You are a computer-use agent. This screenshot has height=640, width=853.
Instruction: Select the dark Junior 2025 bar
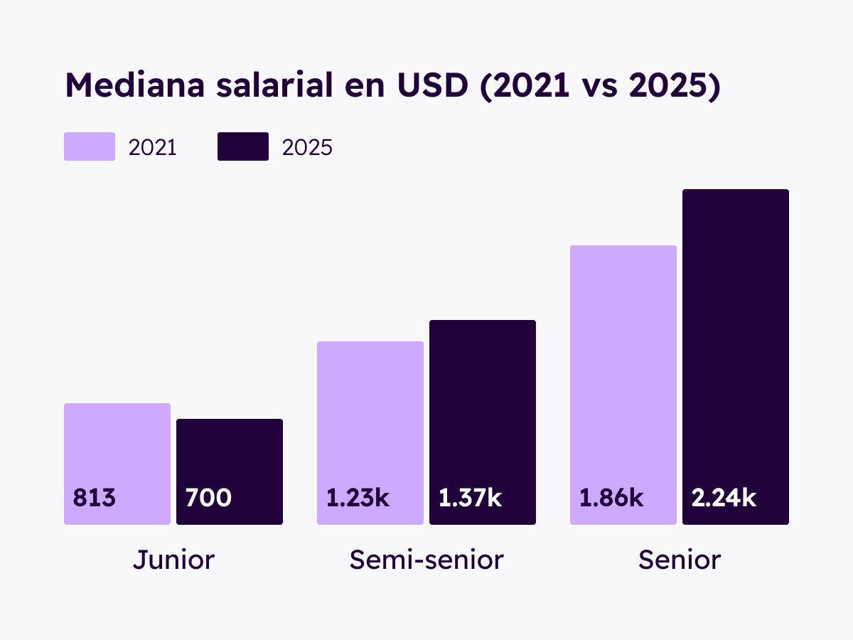(x=230, y=455)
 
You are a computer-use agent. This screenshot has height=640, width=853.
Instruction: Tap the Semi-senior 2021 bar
(x=370, y=412)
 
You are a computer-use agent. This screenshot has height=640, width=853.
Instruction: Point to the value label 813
(x=94, y=498)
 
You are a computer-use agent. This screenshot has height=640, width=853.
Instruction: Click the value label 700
(x=208, y=498)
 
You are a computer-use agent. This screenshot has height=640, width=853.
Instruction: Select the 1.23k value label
(x=358, y=498)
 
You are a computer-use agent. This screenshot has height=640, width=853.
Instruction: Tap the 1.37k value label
(x=470, y=498)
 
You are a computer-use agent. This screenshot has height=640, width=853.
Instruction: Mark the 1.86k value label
(x=611, y=498)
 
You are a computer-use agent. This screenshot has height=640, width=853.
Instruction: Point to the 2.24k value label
(x=724, y=498)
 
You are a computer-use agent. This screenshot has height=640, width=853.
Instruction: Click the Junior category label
(x=173, y=560)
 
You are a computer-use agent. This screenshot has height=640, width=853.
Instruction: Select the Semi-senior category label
(x=426, y=560)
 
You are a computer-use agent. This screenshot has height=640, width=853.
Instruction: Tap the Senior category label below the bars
(x=680, y=560)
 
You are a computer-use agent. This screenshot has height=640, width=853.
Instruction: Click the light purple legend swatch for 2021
(x=90, y=146)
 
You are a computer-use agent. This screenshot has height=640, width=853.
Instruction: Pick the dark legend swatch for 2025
(x=243, y=146)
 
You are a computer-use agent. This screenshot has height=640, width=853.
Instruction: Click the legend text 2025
(x=307, y=147)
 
